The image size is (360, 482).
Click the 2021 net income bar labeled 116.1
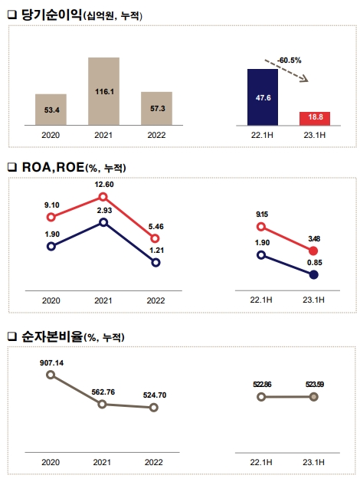pos(103,91)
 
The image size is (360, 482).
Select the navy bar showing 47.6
pos(262,97)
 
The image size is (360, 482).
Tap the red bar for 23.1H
pos(314,118)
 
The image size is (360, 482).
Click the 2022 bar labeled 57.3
pos(155,109)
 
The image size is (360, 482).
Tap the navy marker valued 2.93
pos(103,223)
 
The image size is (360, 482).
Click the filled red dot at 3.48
pos(314,251)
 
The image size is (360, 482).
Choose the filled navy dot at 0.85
pos(314,274)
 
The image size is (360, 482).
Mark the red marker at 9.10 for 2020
pos(51,218)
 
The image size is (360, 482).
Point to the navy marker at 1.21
pos(155,262)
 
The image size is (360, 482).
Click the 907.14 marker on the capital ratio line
pos(51,375)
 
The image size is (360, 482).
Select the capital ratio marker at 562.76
pos(103,404)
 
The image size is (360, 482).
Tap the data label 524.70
pos(155,395)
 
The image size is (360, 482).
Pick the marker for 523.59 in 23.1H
pos(314,396)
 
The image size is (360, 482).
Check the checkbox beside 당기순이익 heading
pos(11,15)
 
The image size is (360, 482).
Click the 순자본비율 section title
pos(50,336)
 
